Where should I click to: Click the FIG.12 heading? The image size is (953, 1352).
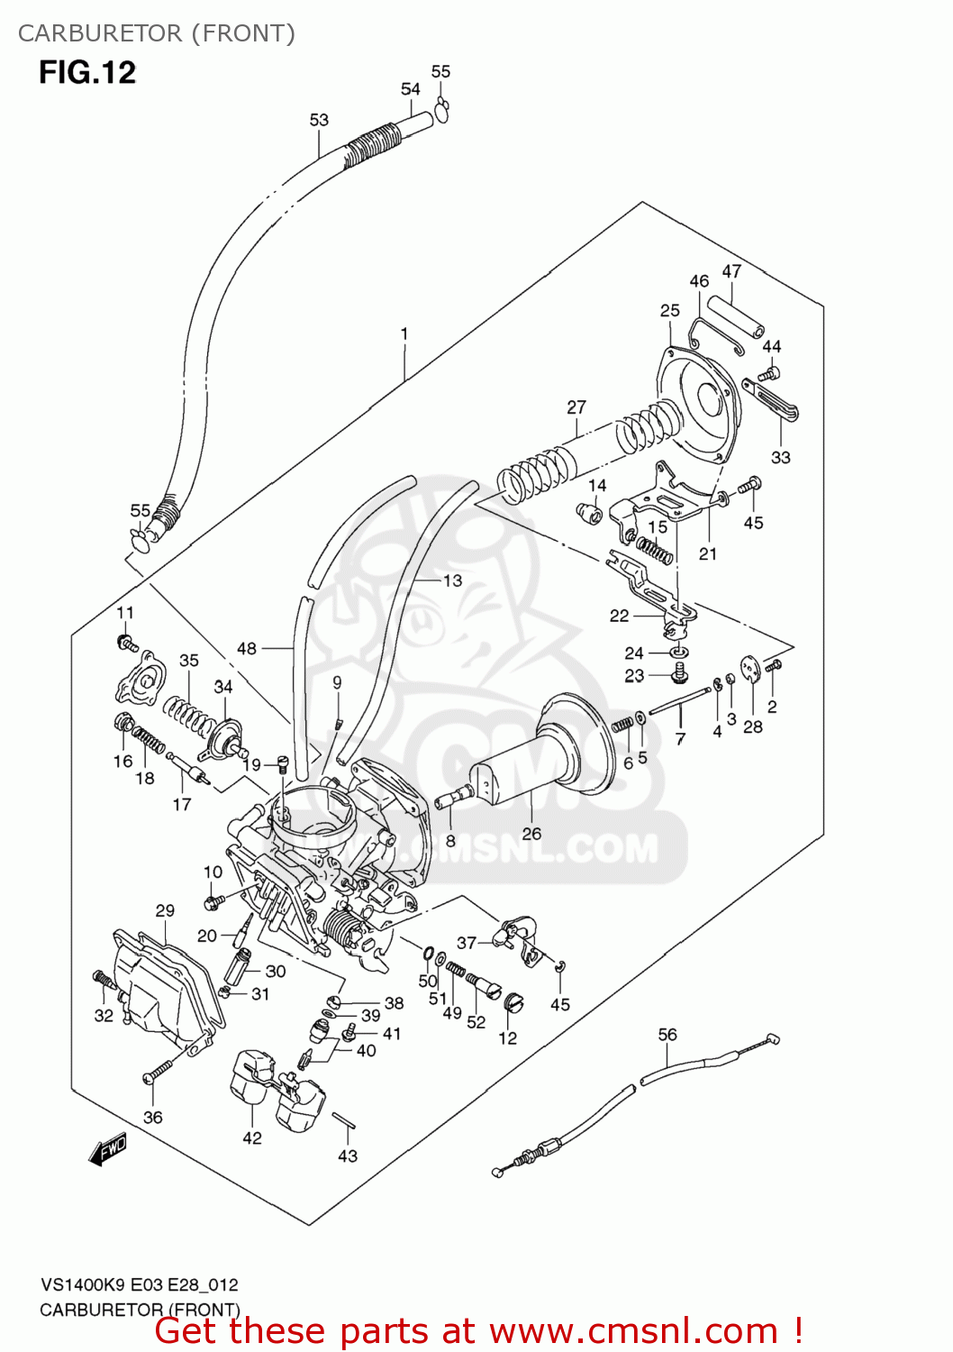87,72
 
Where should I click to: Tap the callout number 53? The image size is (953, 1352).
319,120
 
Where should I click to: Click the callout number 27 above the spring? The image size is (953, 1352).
576,407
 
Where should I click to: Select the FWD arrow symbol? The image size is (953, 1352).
108,1150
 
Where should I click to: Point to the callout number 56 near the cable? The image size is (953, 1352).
667,1035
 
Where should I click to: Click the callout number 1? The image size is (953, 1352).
404,333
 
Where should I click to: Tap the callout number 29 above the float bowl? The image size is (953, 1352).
165,910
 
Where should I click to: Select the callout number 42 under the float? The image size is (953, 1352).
252,1138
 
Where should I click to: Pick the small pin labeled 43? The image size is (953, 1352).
344,1120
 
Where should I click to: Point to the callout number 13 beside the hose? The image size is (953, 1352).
452,581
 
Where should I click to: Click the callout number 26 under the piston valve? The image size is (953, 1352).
531,834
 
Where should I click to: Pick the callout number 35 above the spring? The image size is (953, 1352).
188,661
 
